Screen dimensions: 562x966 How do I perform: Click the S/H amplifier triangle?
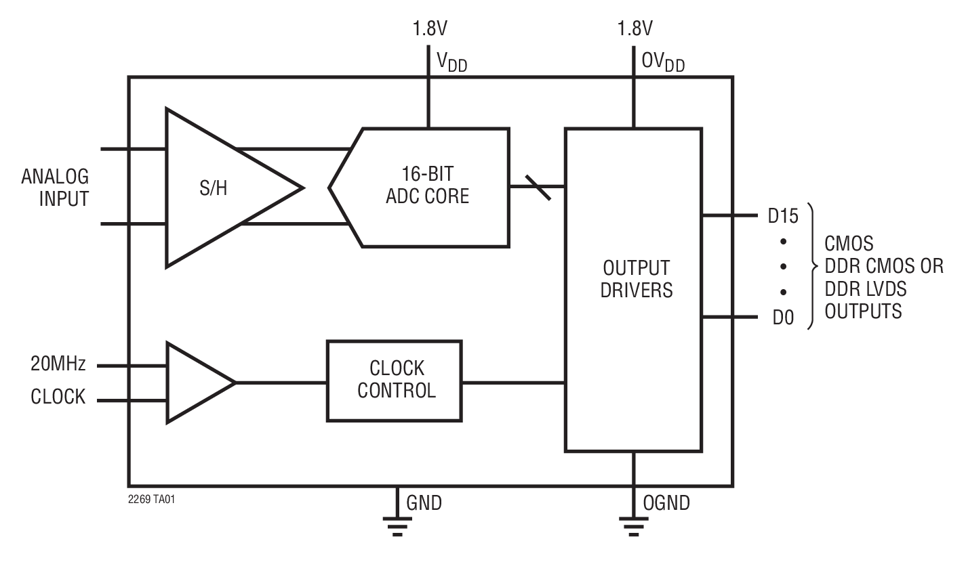coord(217,188)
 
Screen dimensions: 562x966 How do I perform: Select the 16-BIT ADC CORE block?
coord(427,187)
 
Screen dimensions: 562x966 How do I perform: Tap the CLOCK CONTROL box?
coord(395,380)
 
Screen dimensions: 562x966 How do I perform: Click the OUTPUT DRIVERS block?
coord(633,289)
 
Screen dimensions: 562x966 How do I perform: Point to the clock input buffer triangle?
coord(193,383)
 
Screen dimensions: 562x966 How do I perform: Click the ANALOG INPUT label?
coord(55,188)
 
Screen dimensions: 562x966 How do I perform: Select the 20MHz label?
coord(58,365)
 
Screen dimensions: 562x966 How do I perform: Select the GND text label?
coord(424,503)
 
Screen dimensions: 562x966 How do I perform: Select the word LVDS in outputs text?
coord(884,289)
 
